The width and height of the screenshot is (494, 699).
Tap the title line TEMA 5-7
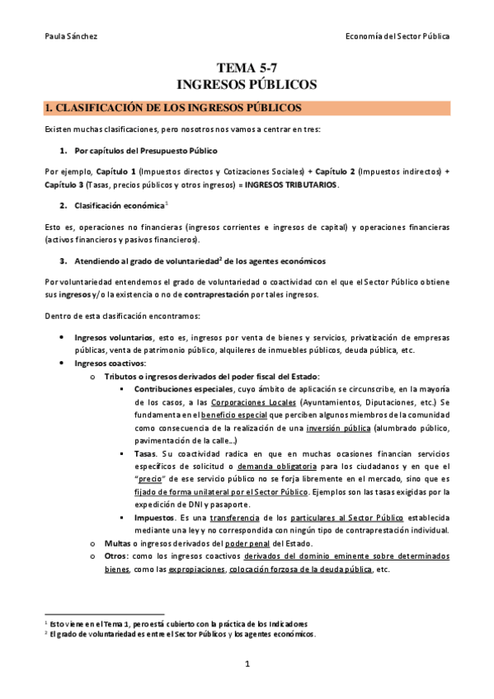point(247,69)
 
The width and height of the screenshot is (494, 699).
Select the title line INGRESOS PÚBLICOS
point(247,85)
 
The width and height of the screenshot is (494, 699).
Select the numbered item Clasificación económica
point(119,204)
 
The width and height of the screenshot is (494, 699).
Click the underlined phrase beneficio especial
point(233,416)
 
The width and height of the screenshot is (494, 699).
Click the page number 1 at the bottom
point(247,664)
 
